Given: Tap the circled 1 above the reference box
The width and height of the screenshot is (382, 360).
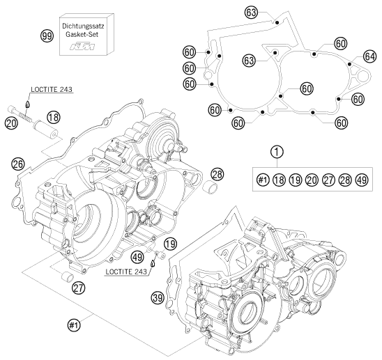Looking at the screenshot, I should coord(277,152).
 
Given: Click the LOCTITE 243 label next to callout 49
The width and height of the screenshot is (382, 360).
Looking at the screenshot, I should coord(137,269).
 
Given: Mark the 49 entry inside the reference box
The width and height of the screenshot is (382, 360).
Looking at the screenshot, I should coord(362,180).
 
